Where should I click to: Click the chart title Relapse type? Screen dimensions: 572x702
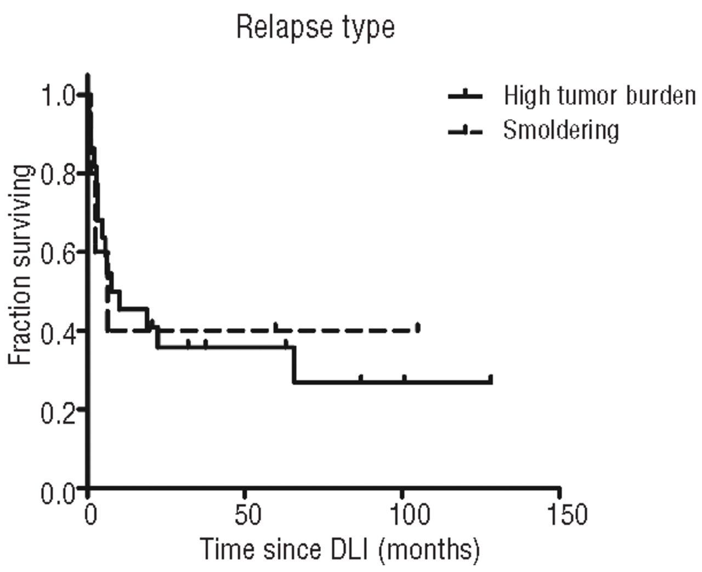point(315,27)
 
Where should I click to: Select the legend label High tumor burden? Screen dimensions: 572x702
point(599,96)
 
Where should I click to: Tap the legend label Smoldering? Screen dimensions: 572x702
point(561,131)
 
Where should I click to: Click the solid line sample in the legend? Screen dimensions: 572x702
point(465,96)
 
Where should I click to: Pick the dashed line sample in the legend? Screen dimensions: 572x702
point(465,131)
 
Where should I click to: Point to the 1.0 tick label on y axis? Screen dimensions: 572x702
point(58,97)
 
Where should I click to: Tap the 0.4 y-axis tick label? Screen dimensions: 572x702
point(58,331)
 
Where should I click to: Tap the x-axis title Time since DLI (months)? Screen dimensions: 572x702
point(339,549)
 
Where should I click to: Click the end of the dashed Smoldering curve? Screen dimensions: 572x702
point(418,329)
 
